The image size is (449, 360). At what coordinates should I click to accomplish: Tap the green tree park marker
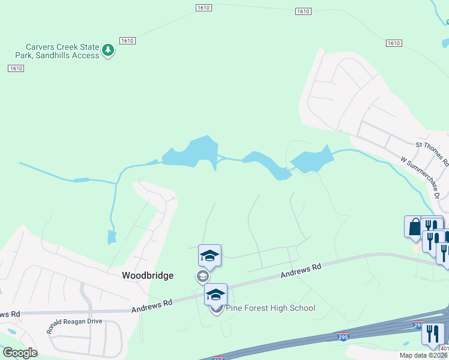pos(108,50)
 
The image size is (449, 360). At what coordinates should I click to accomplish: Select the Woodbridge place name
pos(148,276)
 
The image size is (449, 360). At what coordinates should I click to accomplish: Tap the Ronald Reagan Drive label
pos(75,326)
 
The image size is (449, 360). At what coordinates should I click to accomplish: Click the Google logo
pos(20,353)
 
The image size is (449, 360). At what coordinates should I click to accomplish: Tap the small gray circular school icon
pos(202,276)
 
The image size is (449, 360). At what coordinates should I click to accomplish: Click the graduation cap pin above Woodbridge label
pos(210,256)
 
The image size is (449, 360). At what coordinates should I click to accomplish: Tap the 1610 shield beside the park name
pos(127,41)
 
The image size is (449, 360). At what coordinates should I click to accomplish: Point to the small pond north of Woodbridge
pos(111,238)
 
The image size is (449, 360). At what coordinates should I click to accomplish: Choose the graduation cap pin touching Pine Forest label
pos(216,295)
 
